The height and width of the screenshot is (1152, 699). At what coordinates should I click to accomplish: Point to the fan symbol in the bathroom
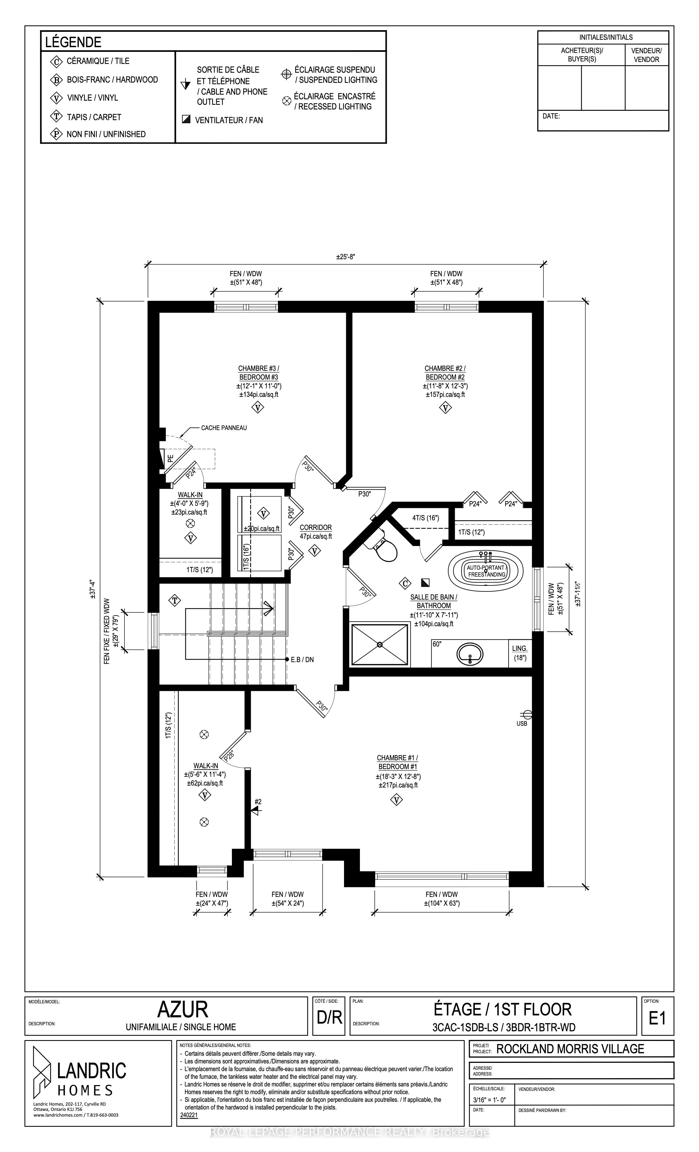click(x=425, y=583)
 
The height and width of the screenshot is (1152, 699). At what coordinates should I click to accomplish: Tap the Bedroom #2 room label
click(x=445, y=373)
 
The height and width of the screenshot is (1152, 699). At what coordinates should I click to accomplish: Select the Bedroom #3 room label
click(x=258, y=373)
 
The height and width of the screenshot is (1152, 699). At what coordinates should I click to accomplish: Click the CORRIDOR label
click(x=316, y=527)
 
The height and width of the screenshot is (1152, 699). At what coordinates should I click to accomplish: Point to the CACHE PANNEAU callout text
click(x=224, y=428)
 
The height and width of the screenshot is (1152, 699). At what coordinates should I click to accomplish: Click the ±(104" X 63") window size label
click(x=442, y=903)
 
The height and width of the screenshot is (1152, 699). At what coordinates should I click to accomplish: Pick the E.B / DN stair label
click(x=302, y=660)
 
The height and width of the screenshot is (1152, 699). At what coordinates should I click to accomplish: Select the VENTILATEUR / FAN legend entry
click(x=222, y=120)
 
